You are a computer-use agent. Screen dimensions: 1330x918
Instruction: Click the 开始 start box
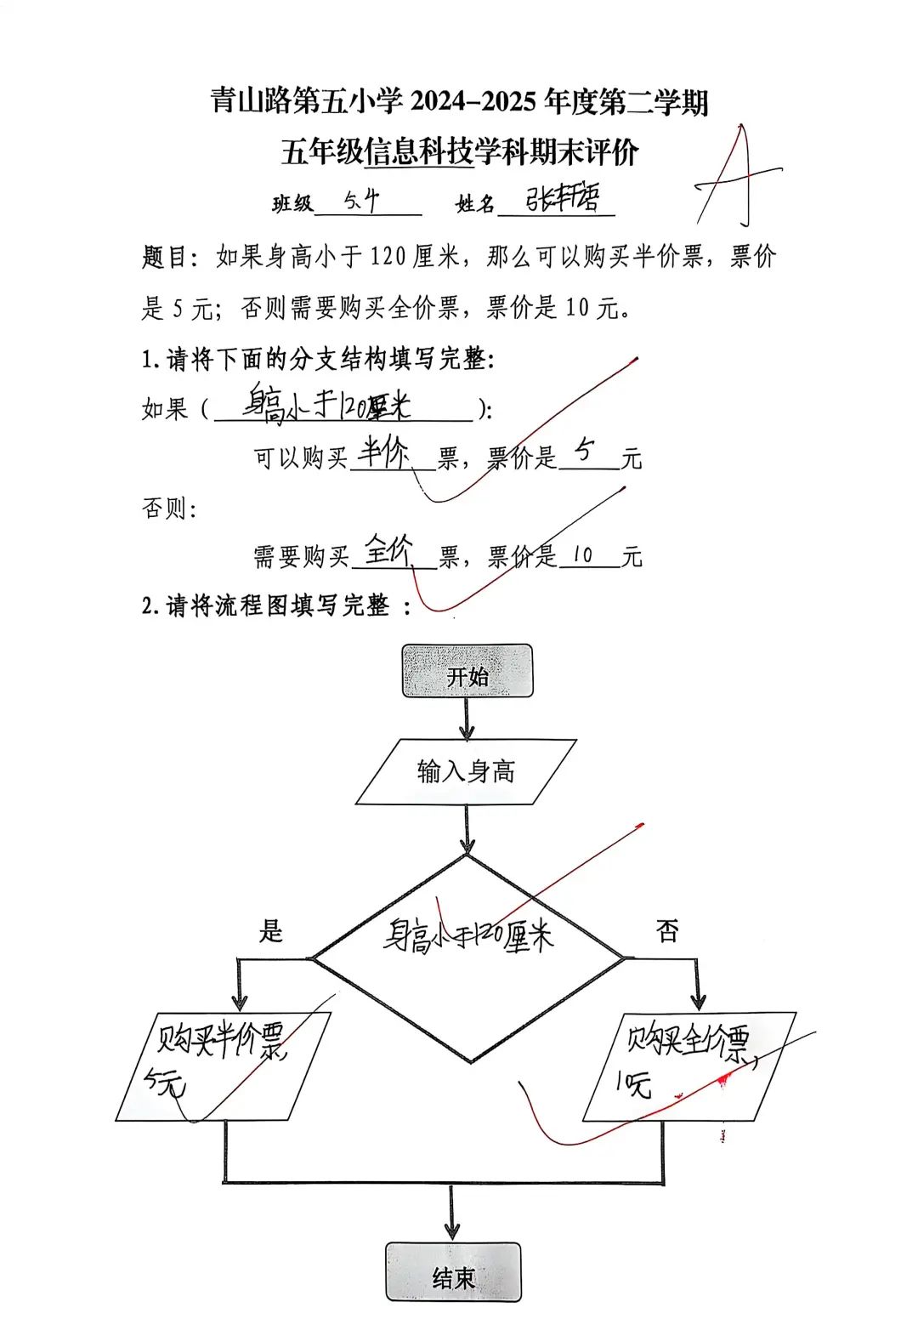467,672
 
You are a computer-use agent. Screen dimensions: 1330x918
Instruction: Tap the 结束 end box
453,1272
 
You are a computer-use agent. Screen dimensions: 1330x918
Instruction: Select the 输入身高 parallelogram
466,771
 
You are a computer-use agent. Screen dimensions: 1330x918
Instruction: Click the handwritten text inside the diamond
467,935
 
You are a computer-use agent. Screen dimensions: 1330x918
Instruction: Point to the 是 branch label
270,931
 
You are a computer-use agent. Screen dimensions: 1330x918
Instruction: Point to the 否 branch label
667,931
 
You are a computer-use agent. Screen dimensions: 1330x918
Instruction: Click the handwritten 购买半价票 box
223,1063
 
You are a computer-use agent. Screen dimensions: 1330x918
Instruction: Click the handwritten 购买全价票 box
688,1063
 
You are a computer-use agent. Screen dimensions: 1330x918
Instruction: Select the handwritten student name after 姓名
562,199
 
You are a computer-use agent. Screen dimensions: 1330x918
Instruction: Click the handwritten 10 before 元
582,555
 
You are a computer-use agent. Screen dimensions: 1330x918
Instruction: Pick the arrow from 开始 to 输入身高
467,719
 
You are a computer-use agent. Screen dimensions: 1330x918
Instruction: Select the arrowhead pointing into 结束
451,1230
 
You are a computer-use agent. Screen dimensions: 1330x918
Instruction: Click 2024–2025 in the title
473,102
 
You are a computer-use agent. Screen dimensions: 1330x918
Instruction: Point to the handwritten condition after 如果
327,403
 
